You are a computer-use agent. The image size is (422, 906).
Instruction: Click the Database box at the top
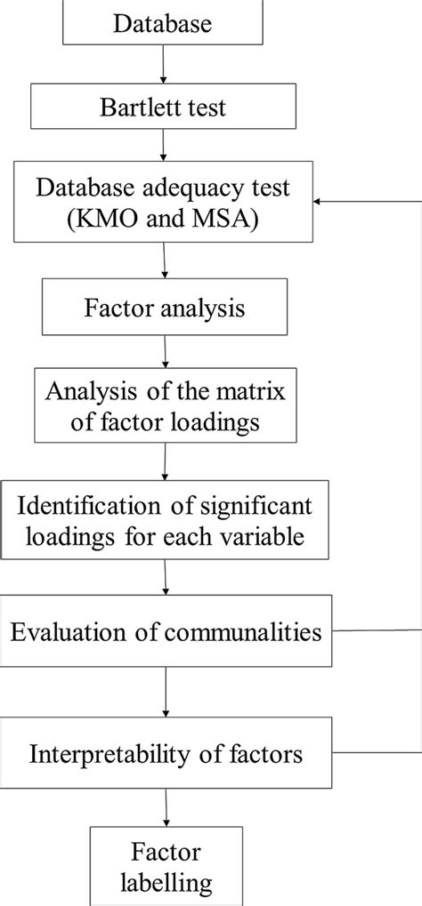163,23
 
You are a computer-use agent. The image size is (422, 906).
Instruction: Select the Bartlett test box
163,108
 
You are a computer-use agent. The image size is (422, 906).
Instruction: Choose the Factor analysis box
165,309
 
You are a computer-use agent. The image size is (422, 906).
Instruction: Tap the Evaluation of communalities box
166,632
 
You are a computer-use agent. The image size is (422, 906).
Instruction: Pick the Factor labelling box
166,870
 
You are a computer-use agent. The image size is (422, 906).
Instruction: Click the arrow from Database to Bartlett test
163,65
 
